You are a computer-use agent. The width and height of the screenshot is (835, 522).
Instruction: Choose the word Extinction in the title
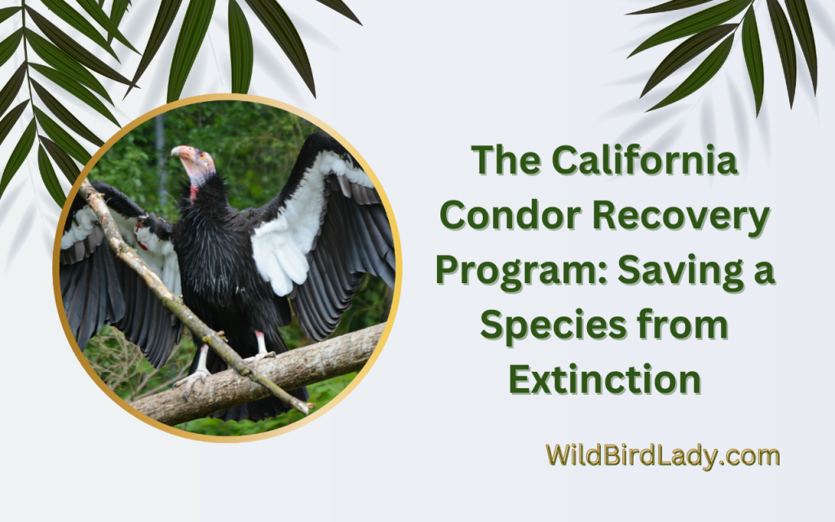604,379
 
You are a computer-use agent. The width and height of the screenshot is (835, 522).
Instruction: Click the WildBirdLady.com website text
662,456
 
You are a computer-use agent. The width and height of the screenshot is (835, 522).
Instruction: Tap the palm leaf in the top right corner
734,41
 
